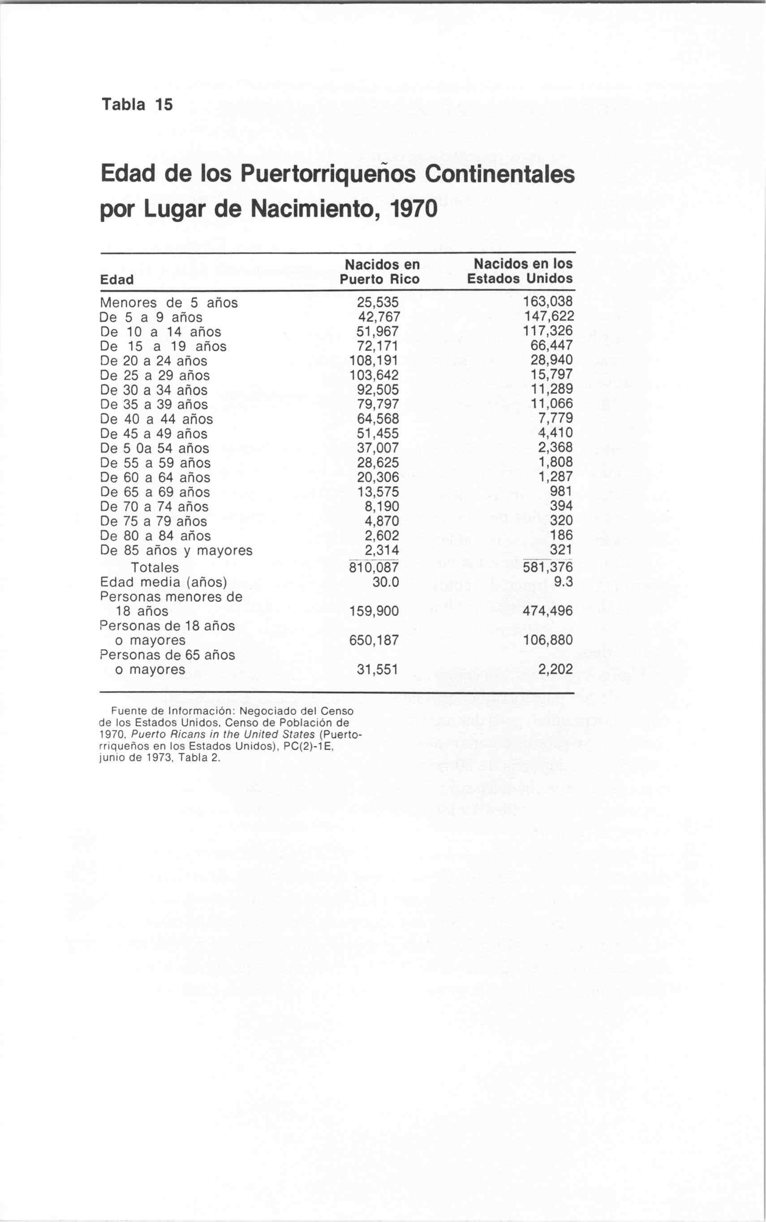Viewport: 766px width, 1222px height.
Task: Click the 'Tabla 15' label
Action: (x=137, y=104)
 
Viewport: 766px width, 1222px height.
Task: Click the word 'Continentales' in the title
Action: (x=499, y=174)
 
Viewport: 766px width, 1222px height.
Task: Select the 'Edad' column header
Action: (x=117, y=280)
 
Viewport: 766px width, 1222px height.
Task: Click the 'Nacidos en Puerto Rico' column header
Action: (x=379, y=272)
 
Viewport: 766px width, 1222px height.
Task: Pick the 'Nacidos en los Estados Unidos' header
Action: (x=520, y=271)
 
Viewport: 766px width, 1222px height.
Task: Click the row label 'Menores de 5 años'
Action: (x=169, y=302)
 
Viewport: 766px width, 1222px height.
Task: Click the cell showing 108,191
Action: (x=374, y=360)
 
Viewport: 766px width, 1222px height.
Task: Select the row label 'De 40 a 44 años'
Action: (x=156, y=419)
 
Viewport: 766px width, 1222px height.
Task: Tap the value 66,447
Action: (x=552, y=345)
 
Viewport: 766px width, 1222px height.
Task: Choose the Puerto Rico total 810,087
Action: (x=374, y=567)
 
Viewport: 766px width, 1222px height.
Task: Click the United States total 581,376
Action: (x=548, y=567)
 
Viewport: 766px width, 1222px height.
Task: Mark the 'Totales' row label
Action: (x=155, y=567)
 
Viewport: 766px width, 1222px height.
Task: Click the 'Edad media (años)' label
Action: (x=163, y=582)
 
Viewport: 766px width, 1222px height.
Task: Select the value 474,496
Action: (x=548, y=611)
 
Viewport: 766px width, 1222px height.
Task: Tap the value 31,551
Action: (x=378, y=669)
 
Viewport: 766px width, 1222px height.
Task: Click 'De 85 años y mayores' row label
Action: (x=176, y=550)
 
